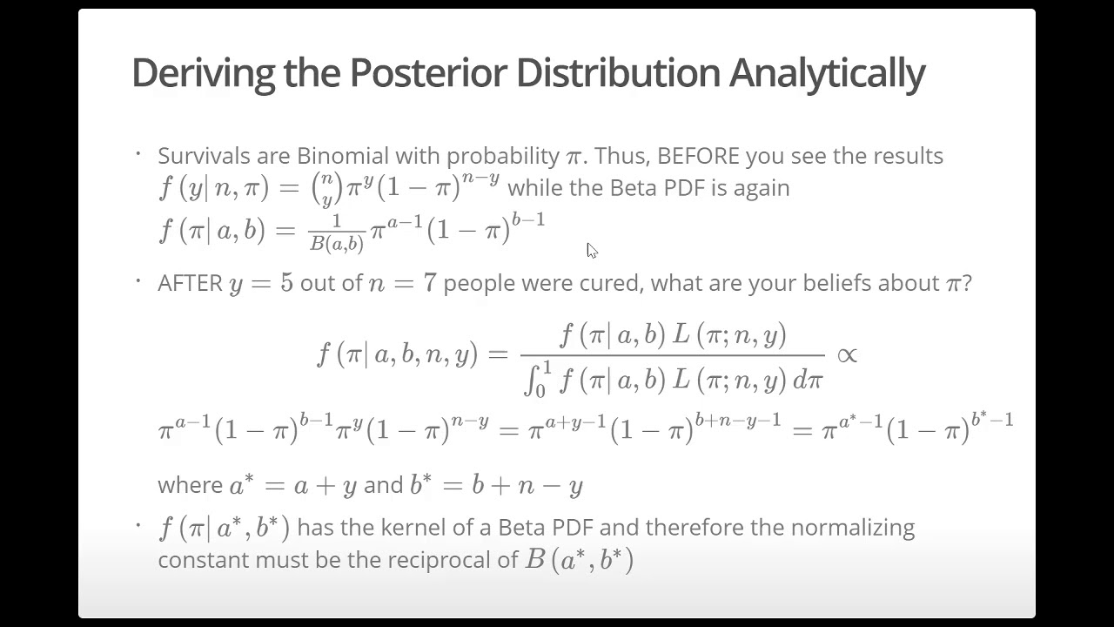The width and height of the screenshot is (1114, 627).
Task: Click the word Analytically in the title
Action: tap(826, 73)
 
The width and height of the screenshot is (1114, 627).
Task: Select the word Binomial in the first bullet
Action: tap(342, 156)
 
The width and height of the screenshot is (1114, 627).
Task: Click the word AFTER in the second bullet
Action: tap(190, 283)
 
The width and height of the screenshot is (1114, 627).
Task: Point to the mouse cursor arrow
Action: tap(591, 250)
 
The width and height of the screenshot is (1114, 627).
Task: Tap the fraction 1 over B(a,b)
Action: tap(337, 233)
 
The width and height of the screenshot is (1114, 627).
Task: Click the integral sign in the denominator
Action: tap(533, 379)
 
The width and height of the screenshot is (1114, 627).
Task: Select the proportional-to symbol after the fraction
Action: tap(846, 354)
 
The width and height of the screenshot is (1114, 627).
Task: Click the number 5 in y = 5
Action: tap(286, 284)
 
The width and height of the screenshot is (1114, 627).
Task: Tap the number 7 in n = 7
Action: tap(428, 284)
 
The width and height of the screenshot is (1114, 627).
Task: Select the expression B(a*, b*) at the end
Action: tap(579, 559)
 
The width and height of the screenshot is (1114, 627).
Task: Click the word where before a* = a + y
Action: tap(190, 485)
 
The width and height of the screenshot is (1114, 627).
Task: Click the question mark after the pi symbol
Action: tap(967, 283)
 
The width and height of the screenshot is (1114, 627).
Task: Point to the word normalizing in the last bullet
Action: tap(857, 528)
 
